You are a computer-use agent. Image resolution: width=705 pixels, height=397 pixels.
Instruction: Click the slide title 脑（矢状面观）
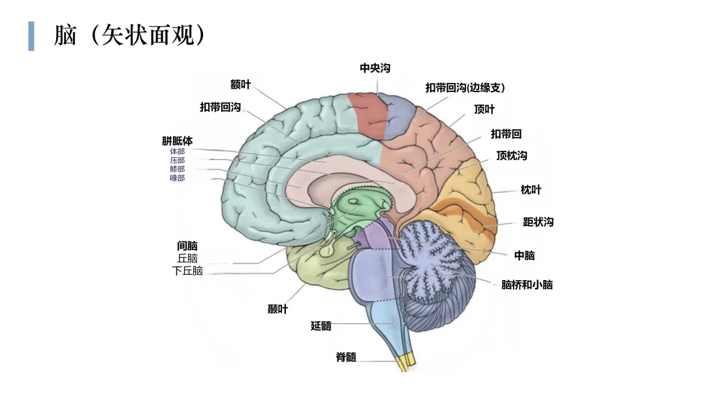(129, 35)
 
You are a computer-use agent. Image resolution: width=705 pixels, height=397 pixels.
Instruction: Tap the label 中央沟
(375, 69)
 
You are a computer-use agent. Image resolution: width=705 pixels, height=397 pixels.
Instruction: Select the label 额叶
(240, 84)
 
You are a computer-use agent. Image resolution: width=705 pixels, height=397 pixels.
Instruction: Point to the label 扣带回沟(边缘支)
(465, 87)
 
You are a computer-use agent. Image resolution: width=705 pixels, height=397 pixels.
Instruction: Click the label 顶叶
(484, 109)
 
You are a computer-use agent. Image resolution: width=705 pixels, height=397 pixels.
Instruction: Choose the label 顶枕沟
(512, 155)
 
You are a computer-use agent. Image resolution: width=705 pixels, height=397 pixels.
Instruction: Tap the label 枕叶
(531, 190)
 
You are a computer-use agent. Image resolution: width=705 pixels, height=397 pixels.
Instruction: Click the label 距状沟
(538, 222)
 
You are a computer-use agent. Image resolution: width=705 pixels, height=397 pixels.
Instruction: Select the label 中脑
(525, 256)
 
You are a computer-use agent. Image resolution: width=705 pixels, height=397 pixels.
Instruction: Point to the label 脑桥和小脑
(527, 285)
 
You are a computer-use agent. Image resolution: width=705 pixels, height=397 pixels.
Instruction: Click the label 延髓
(321, 326)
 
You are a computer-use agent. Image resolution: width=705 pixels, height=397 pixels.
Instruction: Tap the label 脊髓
(346, 357)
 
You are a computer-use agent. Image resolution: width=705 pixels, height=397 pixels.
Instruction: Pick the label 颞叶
(277, 309)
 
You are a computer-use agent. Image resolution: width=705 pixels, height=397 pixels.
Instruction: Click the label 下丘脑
(187, 271)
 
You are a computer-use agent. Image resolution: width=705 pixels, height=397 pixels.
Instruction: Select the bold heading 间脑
(187, 246)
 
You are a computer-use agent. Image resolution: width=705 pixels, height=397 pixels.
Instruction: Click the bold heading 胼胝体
(177, 141)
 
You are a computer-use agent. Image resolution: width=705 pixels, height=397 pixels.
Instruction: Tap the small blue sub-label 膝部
(177, 169)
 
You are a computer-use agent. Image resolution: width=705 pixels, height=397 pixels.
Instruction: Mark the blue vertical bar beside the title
(31, 36)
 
